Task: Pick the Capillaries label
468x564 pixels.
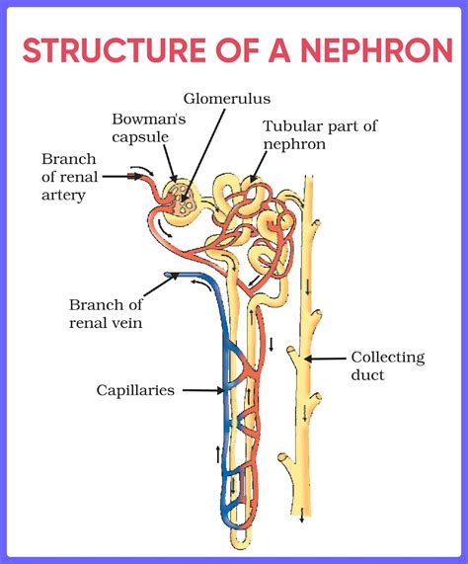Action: coord(135,390)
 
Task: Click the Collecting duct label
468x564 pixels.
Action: coord(387,365)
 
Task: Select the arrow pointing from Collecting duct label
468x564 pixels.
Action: coord(326,358)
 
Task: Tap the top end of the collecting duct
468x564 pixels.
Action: coord(309,178)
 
